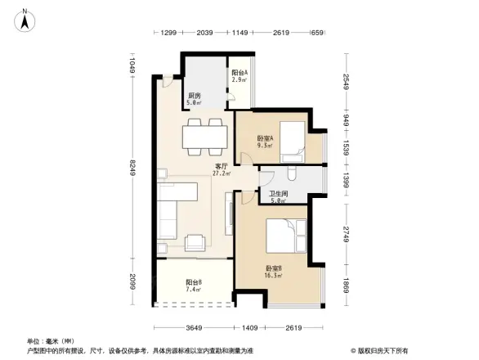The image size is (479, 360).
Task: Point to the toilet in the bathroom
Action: point(293,174)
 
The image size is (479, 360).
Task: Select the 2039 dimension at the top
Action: point(205,33)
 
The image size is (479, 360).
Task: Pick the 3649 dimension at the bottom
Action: point(191,328)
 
